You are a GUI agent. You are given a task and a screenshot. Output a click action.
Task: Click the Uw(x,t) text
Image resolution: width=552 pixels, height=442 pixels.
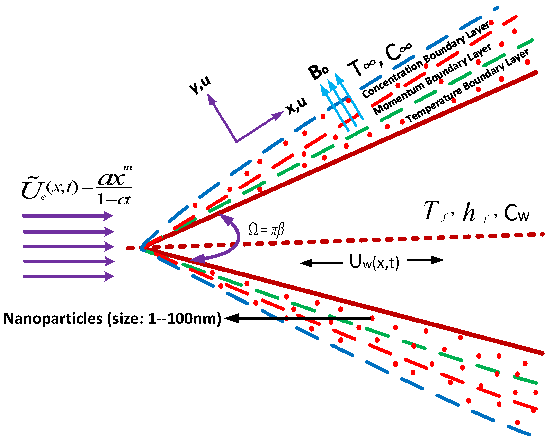click(x=374, y=262)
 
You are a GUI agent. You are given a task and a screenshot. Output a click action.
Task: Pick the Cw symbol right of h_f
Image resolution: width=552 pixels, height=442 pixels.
click(x=516, y=213)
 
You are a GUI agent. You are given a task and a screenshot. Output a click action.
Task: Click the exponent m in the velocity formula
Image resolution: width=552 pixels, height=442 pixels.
click(x=127, y=168)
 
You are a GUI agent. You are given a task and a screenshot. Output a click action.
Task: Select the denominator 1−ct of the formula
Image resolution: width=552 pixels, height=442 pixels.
click(x=114, y=199)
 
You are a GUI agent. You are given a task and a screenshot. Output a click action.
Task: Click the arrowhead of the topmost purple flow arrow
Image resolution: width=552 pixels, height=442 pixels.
click(x=109, y=216)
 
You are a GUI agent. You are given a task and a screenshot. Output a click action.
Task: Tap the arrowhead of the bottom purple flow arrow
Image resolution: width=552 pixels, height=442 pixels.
click(x=109, y=276)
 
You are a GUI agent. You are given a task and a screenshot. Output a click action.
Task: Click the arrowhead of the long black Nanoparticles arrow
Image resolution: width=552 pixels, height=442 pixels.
click(x=232, y=318)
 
